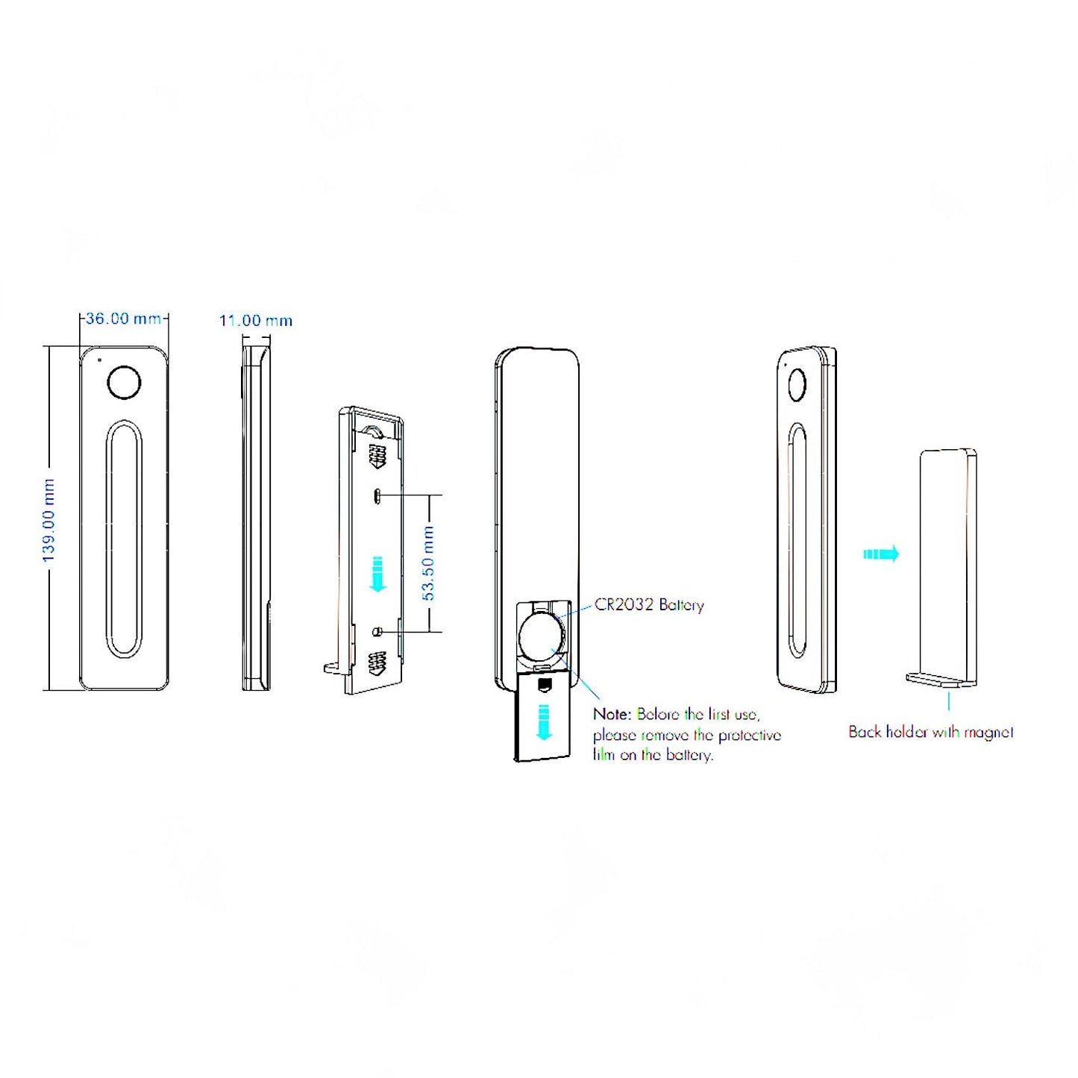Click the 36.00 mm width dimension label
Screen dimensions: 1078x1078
click(123, 319)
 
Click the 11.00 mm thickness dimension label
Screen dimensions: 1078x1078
click(255, 321)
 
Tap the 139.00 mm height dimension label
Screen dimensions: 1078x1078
click(48, 521)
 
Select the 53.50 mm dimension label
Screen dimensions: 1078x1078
click(428, 563)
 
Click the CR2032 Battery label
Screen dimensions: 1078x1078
click(649, 604)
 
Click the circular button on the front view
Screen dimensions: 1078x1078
click(124, 383)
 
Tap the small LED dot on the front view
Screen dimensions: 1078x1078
click(100, 360)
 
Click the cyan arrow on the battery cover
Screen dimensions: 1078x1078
click(544, 721)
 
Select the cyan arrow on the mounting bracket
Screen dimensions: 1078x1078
click(378, 574)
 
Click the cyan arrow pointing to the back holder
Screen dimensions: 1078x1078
click(881, 554)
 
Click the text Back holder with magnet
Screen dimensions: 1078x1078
click(930, 732)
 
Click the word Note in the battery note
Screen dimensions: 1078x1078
click(612, 714)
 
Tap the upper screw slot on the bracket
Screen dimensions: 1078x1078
click(378, 495)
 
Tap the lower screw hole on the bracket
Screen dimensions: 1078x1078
click(377, 632)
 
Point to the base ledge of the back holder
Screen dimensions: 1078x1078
click(938, 680)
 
